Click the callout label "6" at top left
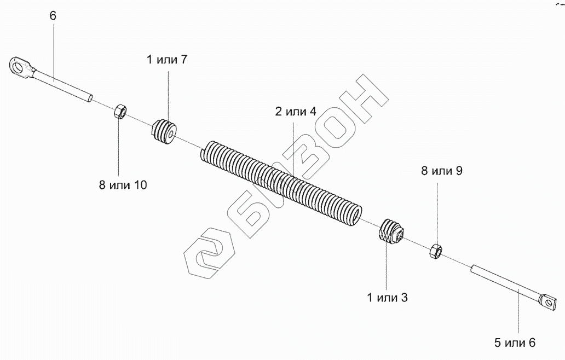pyautogui.click(x=53, y=16)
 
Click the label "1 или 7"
pyautogui.click(x=167, y=60)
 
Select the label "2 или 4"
pyautogui.click(x=295, y=112)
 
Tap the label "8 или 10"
pyautogui.click(x=123, y=184)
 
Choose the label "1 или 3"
pyautogui.click(x=387, y=298)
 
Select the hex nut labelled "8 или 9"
pyautogui.click(x=436, y=251)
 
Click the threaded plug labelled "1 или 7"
pyautogui.click(x=164, y=132)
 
